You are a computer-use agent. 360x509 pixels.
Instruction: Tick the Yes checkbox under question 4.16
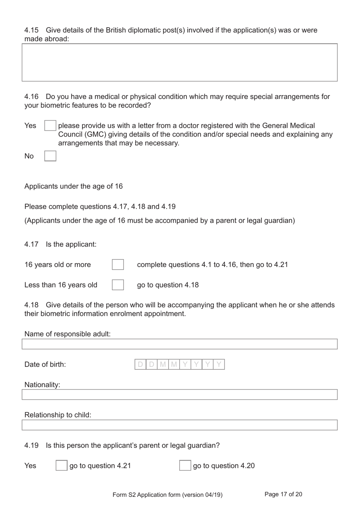point(50,126)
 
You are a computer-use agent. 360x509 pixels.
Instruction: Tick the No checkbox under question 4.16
point(50,156)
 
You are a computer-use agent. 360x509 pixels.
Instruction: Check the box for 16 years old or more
point(118,265)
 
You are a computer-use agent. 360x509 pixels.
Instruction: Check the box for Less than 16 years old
point(118,285)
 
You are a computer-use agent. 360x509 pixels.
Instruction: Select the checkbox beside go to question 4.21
point(61,465)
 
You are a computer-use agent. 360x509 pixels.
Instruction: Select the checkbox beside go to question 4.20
point(185,465)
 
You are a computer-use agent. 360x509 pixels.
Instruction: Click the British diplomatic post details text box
point(180,63)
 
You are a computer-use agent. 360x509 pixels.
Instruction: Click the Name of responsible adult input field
point(180,344)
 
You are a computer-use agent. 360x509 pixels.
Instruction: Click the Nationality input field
point(180,394)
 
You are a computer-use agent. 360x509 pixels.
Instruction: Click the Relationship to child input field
point(180,425)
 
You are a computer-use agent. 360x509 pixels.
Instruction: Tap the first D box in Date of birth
point(141,364)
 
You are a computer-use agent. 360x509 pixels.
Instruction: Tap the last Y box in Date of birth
point(219,364)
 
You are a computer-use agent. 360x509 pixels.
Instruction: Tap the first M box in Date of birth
point(163,364)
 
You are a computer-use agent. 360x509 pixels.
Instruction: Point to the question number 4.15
point(31,30)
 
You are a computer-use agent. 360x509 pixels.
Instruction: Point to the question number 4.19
point(31,445)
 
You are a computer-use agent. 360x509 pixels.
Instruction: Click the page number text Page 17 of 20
point(283,494)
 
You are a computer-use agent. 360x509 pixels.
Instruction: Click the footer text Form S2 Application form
point(167,495)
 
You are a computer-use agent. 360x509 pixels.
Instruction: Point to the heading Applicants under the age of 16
point(74,186)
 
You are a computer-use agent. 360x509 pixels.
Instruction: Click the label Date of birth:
point(45,364)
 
